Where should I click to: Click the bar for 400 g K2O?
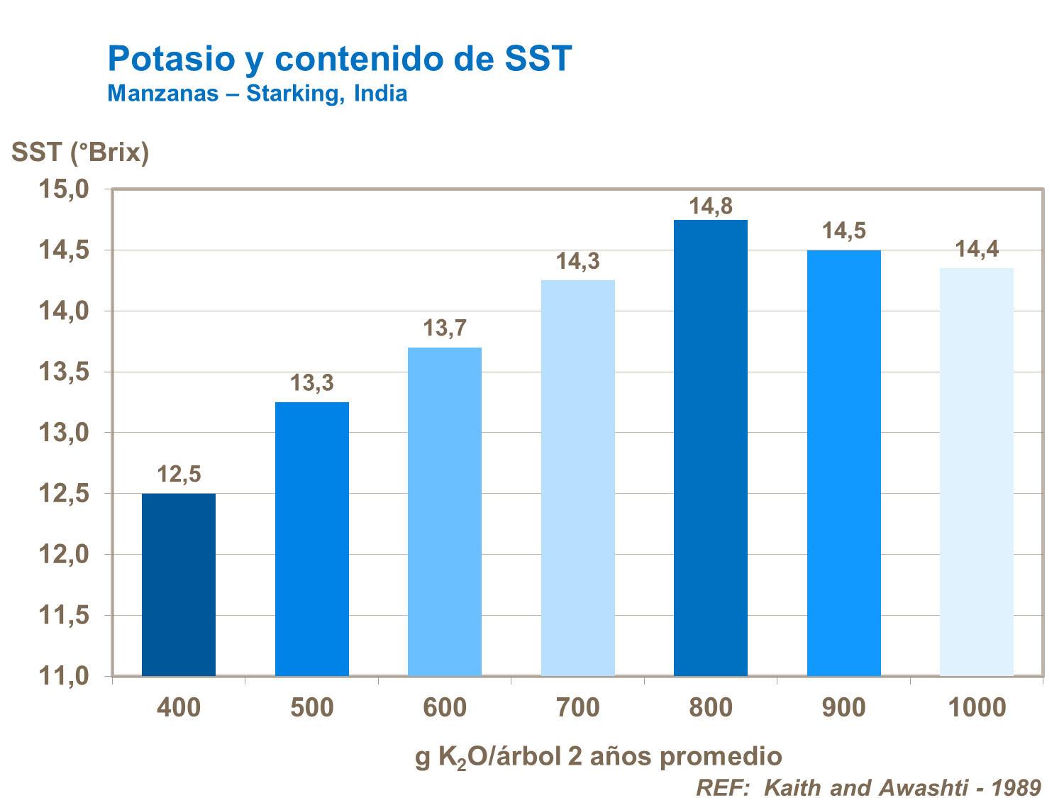click(x=179, y=584)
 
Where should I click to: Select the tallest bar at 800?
click(x=711, y=448)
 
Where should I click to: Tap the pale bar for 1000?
click(x=977, y=472)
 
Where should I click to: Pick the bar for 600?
click(x=445, y=511)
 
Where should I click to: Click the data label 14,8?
click(x=711, y=206)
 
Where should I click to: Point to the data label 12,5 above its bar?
click(x=179, y=475)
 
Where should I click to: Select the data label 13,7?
click(x=445, y=328)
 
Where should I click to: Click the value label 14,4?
click(x=977, y=250)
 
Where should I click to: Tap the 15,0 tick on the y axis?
click(x=64, y=189)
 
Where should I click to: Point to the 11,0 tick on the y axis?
click(x=64, y=676)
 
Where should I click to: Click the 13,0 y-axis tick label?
click(x=64, y=433)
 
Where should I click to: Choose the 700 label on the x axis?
click(x=577, y=708)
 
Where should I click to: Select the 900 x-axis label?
click(x=843, y=708)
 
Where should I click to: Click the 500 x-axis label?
click(x=311, y=708)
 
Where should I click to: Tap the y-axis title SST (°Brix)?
click(x=80, y=153)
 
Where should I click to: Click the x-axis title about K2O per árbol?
click(x=598, y=757)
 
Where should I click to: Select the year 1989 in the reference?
click(x=1016, y=787)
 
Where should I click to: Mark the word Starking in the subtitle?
click(x=292, y=94)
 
